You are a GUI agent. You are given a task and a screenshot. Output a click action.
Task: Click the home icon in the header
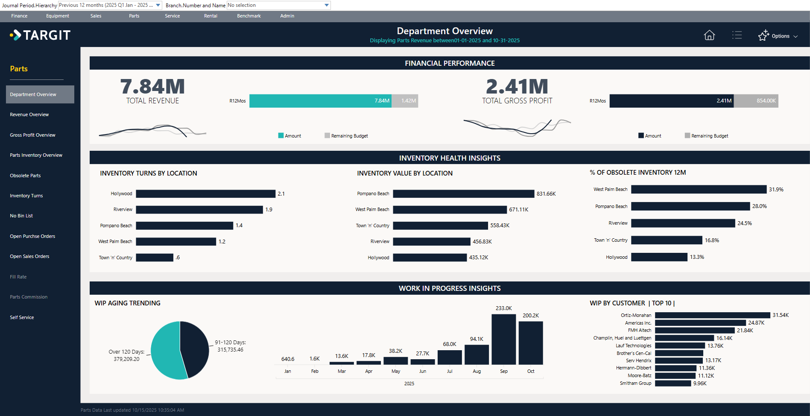pos(709,35)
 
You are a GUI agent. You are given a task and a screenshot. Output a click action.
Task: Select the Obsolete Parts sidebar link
pos(26,176)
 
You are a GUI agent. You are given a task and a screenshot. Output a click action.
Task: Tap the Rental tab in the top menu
pos(211,16)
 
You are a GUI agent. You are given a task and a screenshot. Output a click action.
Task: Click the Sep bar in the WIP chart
pos(503,339)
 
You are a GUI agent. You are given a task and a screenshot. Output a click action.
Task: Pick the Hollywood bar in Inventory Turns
pos(205,194)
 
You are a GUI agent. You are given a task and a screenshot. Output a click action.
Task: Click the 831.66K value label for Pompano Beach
pos(546,194)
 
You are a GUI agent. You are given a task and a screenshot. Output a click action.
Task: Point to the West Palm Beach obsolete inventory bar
pos(699,190)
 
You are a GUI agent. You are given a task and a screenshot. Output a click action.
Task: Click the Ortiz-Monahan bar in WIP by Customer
pos(712,315)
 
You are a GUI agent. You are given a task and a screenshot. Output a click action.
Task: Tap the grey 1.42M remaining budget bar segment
pos(405,101)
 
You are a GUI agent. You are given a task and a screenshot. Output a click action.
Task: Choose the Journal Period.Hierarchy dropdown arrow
pos(158,5)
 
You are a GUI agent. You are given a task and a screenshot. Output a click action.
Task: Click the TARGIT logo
pos(41,35)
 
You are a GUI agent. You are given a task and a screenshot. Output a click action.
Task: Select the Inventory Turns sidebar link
pos(26,196)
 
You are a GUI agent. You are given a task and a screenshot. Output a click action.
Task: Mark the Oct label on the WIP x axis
pos(530,371)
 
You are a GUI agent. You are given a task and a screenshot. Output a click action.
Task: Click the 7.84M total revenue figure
pos(152,87)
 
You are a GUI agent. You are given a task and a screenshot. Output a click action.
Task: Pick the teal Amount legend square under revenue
pos(281,136)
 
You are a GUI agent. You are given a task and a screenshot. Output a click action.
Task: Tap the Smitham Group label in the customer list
pos(635,384)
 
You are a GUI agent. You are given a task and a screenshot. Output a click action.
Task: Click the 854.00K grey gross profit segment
pos(756,101)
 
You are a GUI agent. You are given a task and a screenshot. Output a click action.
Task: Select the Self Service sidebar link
pos(22,317)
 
